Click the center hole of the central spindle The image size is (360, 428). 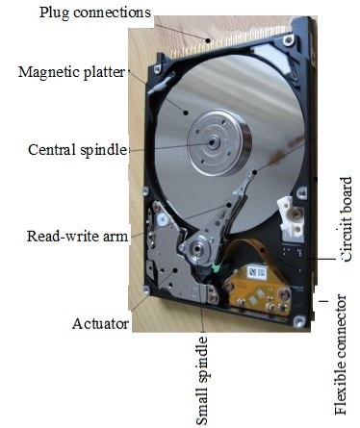[209, 140]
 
